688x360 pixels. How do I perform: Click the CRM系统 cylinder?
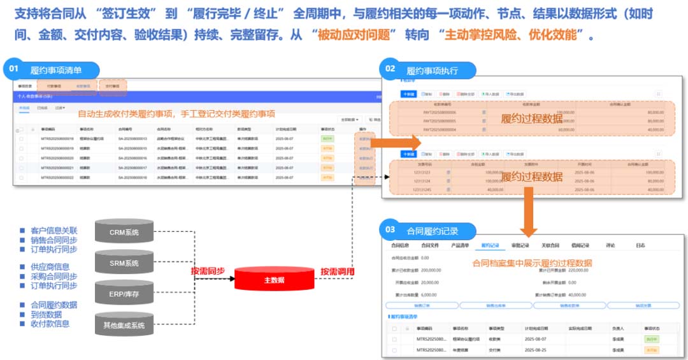[124, 232]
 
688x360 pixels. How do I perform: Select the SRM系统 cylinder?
[124, 263]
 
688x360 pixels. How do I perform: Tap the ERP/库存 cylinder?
[124, 294]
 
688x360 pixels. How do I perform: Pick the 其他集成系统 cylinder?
[124, 325]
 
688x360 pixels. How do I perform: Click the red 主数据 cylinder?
[274, 280]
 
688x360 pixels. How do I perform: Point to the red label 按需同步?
[208, 271]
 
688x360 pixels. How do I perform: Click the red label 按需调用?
[338, 271]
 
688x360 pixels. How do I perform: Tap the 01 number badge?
[15, 66]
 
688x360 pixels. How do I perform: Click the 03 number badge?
[390, 229]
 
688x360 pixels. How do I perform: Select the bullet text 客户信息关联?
[54, 230]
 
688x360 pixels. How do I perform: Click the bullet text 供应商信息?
[50, 266]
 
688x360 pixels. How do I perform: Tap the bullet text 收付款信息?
[50, 324]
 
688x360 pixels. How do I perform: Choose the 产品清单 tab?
[460, 245]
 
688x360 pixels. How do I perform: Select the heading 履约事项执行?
[432, 69]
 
